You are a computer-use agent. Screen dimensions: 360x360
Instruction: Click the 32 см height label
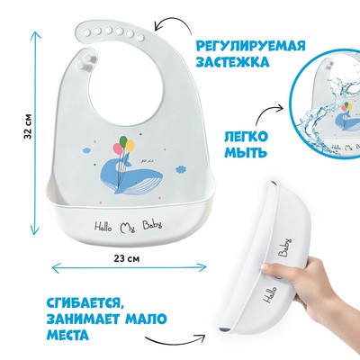tap(28, 126)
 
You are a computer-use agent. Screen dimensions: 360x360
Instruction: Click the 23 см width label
tap(127, 258)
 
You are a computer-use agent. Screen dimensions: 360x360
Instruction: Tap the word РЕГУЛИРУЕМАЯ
tap(250, 47)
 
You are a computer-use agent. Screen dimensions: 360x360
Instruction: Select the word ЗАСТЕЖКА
tap(232, 62)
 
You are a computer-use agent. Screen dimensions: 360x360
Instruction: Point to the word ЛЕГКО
tap(246, 137)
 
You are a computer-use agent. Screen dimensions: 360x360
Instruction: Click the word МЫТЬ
tap(246, 153)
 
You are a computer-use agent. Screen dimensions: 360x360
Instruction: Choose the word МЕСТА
tap(68, 334)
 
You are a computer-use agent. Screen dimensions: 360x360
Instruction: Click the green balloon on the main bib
tap(123, 140)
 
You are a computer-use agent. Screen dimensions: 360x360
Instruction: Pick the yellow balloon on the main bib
tap(130, 146)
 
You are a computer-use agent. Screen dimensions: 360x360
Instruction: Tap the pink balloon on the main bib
tap(117, 148)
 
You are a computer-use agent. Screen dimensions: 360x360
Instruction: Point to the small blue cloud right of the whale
tap(181, 169)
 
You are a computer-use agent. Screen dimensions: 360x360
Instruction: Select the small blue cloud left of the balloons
tap(86, 149)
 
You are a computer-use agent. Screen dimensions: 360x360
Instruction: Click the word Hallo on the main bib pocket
tap(103, 227)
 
